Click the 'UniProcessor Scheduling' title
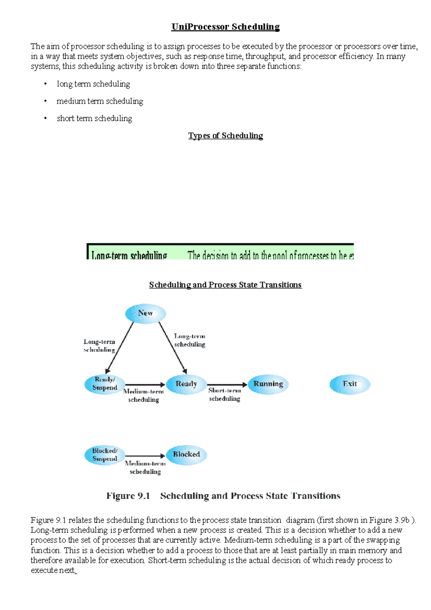pos(225,27)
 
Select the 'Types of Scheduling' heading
pos(225,136)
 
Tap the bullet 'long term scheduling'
pos(93,84)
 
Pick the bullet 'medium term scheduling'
pos(100,101)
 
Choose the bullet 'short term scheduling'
pos(94,119)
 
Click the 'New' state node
pos(145,314)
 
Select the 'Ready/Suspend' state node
pos(105,384)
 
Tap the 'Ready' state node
pos(186,384)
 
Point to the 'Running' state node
pos(268,384)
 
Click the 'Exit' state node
pos(350,384)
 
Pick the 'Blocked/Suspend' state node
pos(105,455)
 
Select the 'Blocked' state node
pos(186,455)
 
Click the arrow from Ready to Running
pos(227,385)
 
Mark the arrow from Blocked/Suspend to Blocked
pos(145,456)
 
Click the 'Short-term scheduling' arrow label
pos(224,394)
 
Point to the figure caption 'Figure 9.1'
pos(128,496)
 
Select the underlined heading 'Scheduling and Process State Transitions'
pos(225,285)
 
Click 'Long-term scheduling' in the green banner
pos(129,255)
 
